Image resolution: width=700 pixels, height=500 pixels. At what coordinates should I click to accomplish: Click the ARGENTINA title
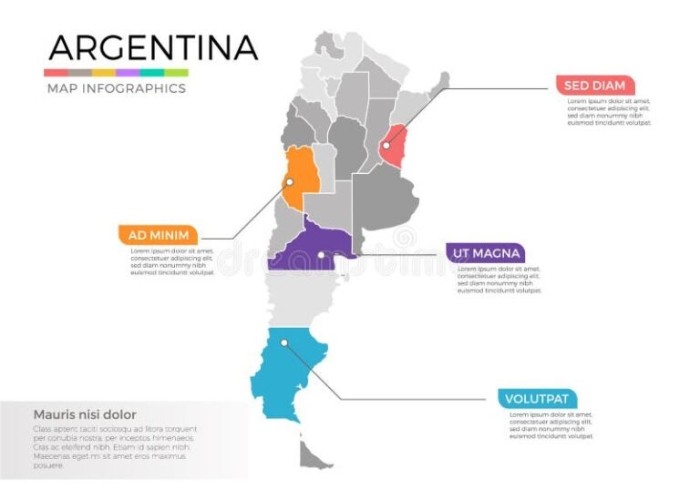click(x=152, y=46)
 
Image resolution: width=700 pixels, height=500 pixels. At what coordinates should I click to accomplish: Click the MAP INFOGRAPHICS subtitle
click(x=116, y=88)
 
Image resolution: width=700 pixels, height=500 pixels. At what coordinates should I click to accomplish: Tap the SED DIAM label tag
click(x=594, y=86)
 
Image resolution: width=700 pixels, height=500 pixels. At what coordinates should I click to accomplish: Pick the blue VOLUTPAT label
click(x=538, y=398)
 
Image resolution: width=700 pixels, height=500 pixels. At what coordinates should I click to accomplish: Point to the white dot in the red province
click(x=386, y=146)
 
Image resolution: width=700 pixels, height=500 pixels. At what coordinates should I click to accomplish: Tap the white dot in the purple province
click(x=321, y=255)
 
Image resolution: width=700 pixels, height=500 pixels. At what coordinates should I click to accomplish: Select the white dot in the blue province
click(x=284, y=343)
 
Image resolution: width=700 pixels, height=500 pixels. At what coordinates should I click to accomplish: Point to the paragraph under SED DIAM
click(x=608, y=111)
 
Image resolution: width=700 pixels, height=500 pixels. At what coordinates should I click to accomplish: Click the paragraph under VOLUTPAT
click(x=551, y=425)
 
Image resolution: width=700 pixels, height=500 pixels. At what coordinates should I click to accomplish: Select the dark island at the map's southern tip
click(x=314, y=451)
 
